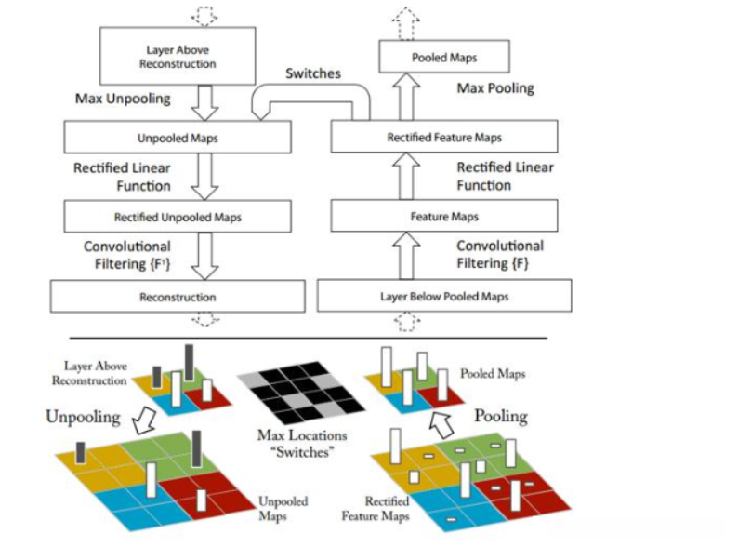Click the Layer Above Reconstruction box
[x=178, y=56]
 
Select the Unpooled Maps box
[x=178, y=138]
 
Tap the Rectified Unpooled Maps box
[x=178, y=217]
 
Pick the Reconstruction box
[x=178, y=297]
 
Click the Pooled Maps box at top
[x=444, y=57]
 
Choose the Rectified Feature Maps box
[x=444, y=137]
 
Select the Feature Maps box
[x=444, y=216]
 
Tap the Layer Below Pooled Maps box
[x=444, y=296]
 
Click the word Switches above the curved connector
[x=313, y=73]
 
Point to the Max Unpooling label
[x=123, y=99]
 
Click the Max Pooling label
[x=495, y=88]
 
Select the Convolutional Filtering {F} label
[x=500, y=254]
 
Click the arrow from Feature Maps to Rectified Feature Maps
[x=406, y=176]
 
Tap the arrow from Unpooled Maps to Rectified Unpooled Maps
[x=204, y=177]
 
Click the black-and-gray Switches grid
[x=301, y=392]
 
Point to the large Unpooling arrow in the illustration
[x=144, y=420]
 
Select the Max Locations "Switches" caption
[x=302, y=444]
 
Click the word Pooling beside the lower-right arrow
[x=501, y=417]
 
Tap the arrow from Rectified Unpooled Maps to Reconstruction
[x=204, y=257]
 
